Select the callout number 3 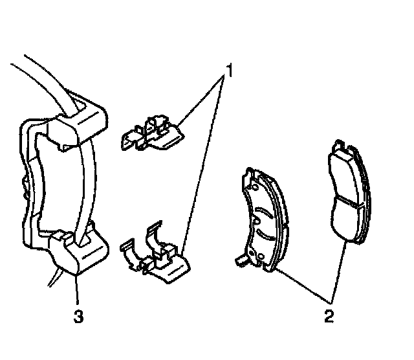78,317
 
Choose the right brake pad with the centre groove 347,194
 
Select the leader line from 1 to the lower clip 203,168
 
